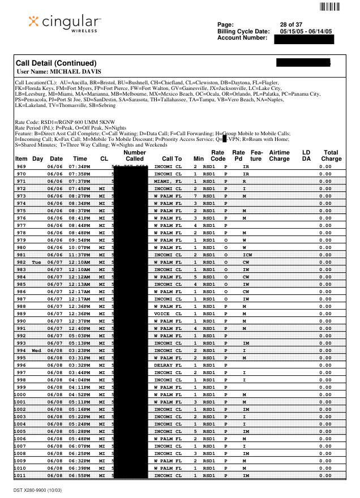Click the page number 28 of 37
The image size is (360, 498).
[x=291, y=24]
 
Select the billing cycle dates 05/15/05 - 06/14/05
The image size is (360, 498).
[x=306, y=31]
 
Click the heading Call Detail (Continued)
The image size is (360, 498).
[x=57, y=63]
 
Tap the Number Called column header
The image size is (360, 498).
[x=134, y=156]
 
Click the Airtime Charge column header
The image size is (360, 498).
[x=279, y=156]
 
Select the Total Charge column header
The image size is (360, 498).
[x=331, y=156]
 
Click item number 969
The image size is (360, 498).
[x=22, y=167]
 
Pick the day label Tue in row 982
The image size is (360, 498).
[x=37, y=262]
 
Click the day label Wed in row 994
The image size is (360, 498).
[x=37, y=350]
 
